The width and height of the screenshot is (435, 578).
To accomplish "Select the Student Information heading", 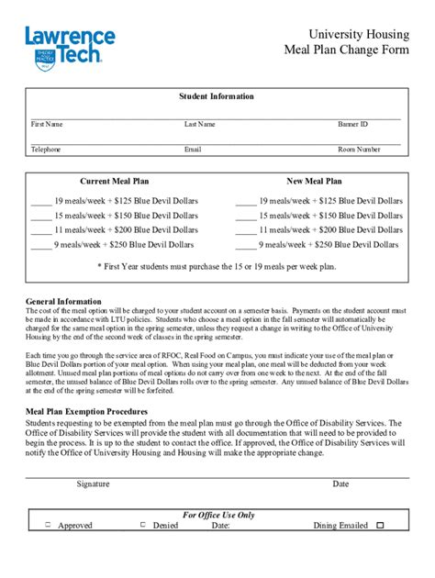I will [x=217, y=96].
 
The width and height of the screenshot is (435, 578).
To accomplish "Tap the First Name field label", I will [x=47, y=124].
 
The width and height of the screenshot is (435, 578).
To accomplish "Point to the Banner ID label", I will [x=352, y=124].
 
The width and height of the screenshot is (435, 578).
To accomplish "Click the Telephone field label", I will [x=46, y=149].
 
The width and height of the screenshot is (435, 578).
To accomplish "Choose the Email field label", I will [x=193, y=149].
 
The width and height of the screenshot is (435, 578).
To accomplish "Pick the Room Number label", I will [x=359, y=149].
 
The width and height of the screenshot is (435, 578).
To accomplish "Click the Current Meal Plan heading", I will [x=114, y=182].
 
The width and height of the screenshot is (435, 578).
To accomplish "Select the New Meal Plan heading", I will [x=314, y=182].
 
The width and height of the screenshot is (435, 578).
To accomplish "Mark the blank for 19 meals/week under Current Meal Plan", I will [x=40, y=201].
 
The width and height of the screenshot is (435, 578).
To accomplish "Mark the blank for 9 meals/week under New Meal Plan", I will [x=246, y=246].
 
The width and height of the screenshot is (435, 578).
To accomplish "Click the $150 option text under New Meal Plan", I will [x=330, y=216].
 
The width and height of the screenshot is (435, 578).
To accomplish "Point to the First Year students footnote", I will [x=217, y=266].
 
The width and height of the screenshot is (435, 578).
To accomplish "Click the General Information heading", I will [x=63, y=301].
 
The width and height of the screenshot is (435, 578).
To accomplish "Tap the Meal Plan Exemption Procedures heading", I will [x=87, y=412].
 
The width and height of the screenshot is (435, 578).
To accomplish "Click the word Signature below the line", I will [x=94, y=483].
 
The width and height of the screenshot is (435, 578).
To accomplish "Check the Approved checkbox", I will [x=48, y=526].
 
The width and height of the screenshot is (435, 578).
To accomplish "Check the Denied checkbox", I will [x=143, y=526].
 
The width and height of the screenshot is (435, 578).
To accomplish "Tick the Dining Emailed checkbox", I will [x=380, y=526].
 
